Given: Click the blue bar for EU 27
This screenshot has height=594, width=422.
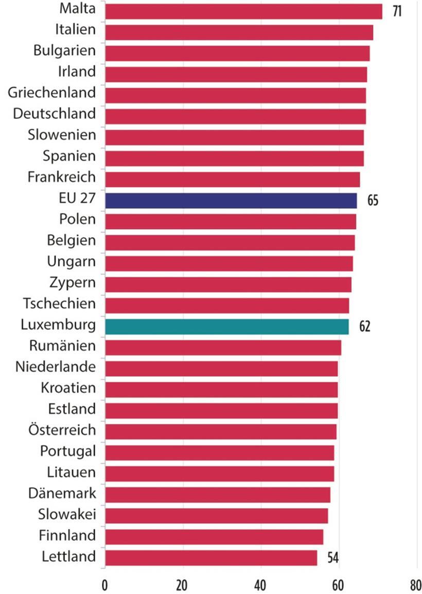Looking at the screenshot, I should (231, 200).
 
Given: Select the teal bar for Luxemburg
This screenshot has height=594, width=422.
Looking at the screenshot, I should (226, 327).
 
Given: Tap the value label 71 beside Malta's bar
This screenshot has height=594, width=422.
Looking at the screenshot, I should (396, 11).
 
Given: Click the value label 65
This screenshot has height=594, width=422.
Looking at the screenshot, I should (373, 200).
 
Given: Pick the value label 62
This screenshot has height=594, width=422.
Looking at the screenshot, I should (364, 327).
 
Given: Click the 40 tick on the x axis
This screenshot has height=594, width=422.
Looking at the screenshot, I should (260, 584).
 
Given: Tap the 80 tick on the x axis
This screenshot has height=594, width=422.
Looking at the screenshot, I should (415, 584).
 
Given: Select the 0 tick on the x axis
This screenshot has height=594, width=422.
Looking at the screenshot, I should (105, 584).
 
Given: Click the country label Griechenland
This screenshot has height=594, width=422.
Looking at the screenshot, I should (52, 93).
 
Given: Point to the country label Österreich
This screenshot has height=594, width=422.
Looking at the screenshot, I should (62, 430).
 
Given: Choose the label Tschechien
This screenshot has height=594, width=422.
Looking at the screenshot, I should (59, 303).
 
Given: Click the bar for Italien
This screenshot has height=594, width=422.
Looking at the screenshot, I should (239, 32).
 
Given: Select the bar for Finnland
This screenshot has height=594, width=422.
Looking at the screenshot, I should (214, 537).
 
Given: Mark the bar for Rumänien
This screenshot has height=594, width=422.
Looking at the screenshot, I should (223, 348).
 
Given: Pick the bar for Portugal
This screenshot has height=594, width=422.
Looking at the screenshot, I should (219, 453).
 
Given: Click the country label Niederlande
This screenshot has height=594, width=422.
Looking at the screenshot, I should (56, 367).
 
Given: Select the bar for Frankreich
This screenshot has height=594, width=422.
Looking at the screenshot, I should (232, 179).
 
